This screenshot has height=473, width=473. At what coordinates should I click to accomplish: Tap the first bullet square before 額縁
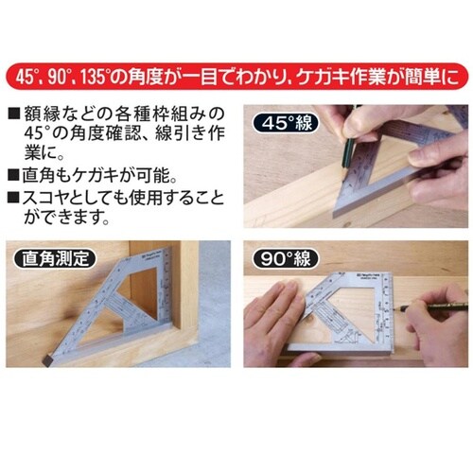[x=12, y=114]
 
